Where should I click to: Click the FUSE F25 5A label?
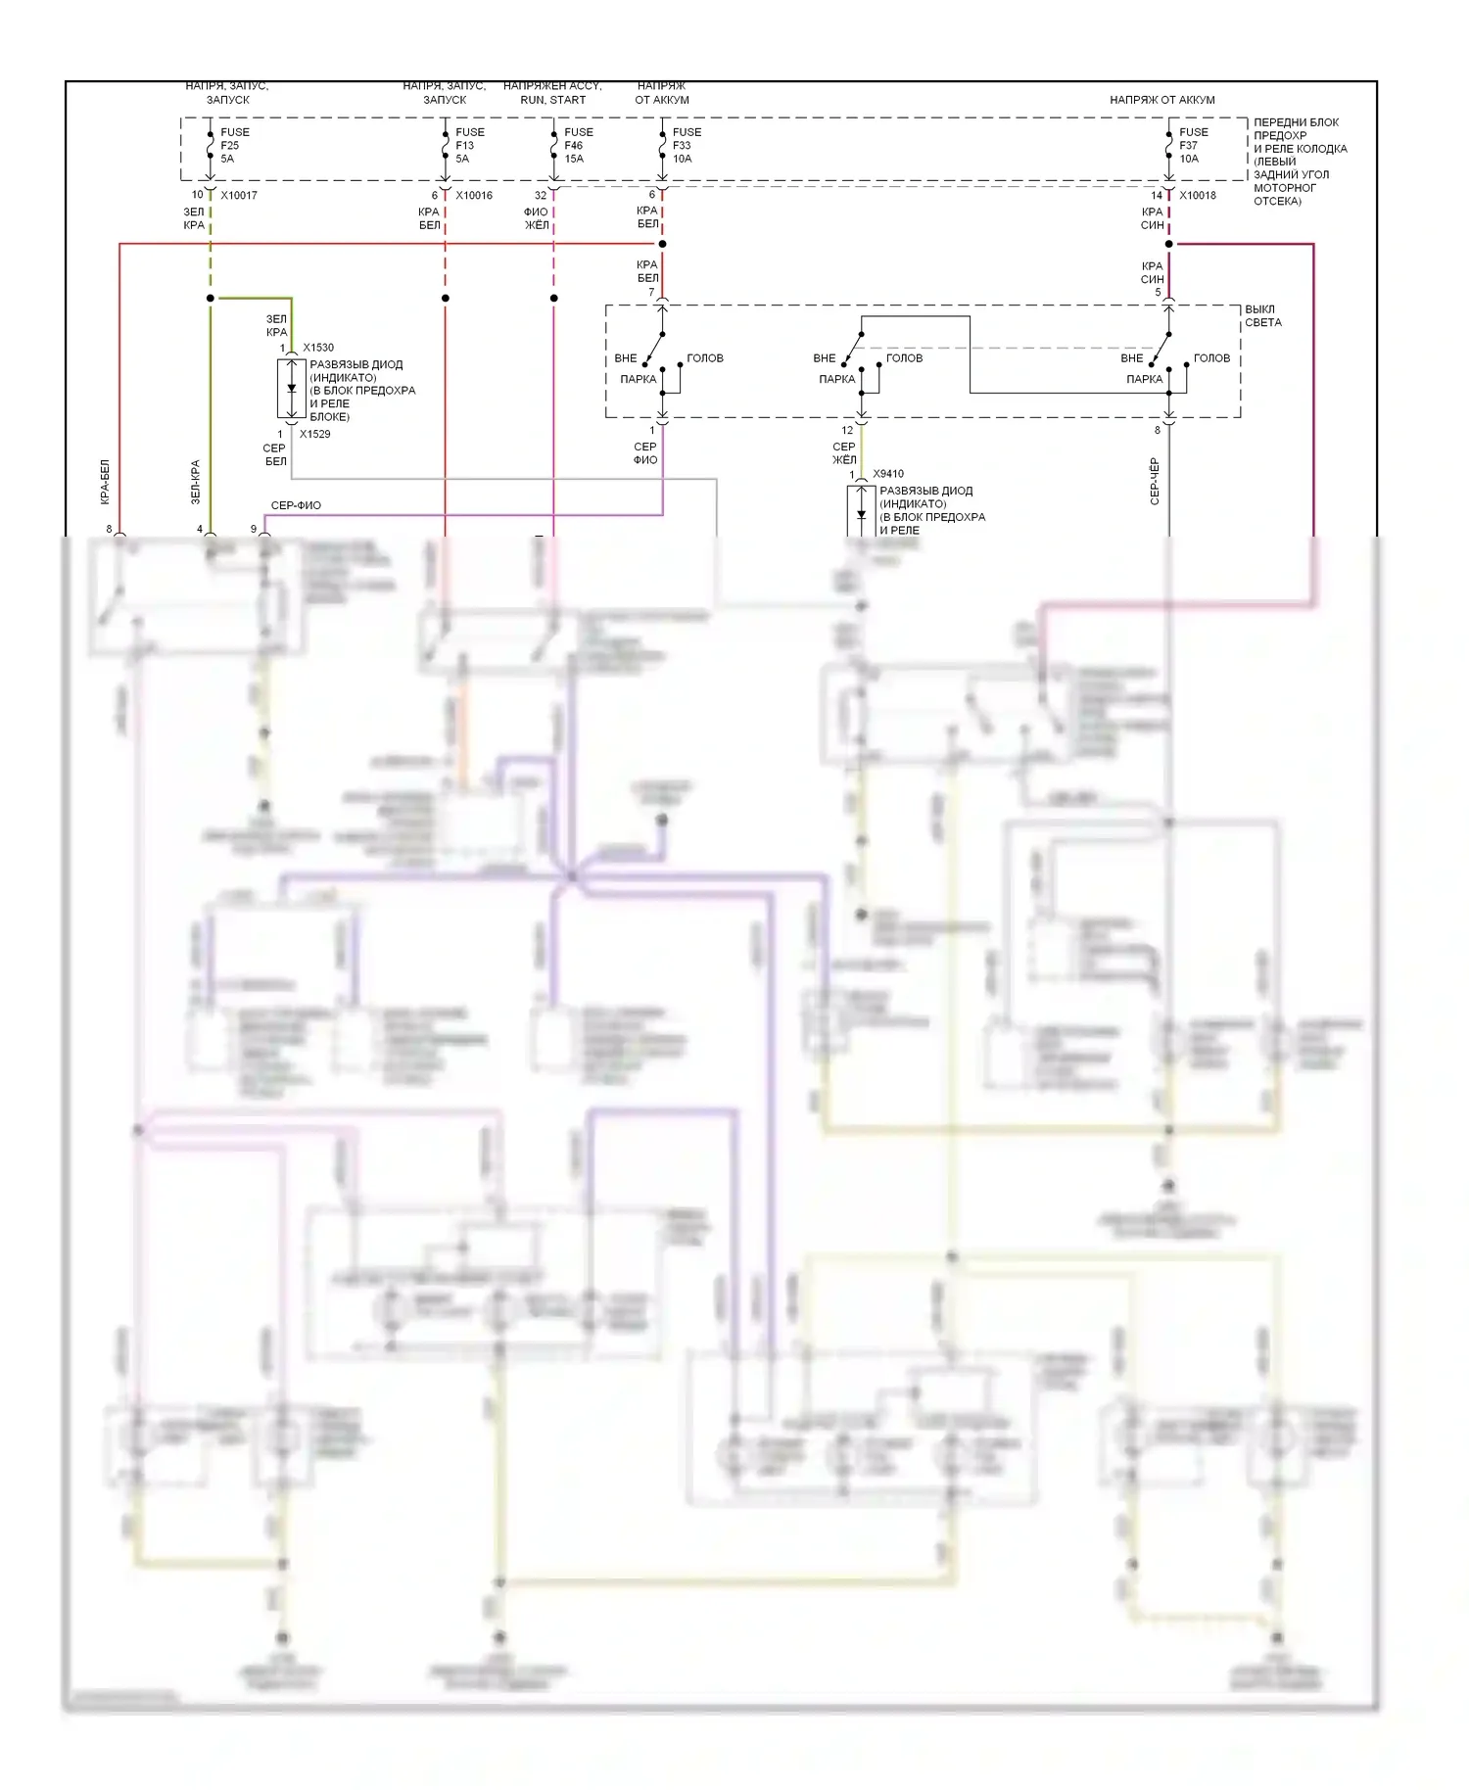pos(234,145)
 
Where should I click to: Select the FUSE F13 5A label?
pos(469,145)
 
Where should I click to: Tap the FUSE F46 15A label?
pos(578,145)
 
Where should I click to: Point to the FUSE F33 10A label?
pos(687,145)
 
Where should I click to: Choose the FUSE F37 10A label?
pos(1193,145)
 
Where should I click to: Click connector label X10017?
pos(239,195)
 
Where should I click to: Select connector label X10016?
pos(474,195)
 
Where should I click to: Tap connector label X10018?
pos(1198,195)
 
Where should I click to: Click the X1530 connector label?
pos(318,348)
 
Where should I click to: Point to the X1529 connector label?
pos(315,434)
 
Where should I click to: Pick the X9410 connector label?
pos(888,474)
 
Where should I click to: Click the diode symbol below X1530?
pos(291,389)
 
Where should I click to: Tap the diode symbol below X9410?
pos(861,513)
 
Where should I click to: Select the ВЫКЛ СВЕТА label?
pos(1262,315)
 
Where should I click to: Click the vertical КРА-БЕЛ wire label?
pos(105,482)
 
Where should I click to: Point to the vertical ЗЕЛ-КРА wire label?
pos(195,482)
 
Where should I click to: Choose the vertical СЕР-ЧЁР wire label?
pos(1155,481)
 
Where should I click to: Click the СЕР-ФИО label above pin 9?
pos(296,505)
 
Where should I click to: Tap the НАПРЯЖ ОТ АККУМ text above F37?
pos(1161,100)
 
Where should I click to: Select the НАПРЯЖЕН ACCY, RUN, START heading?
pos(552,93)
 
